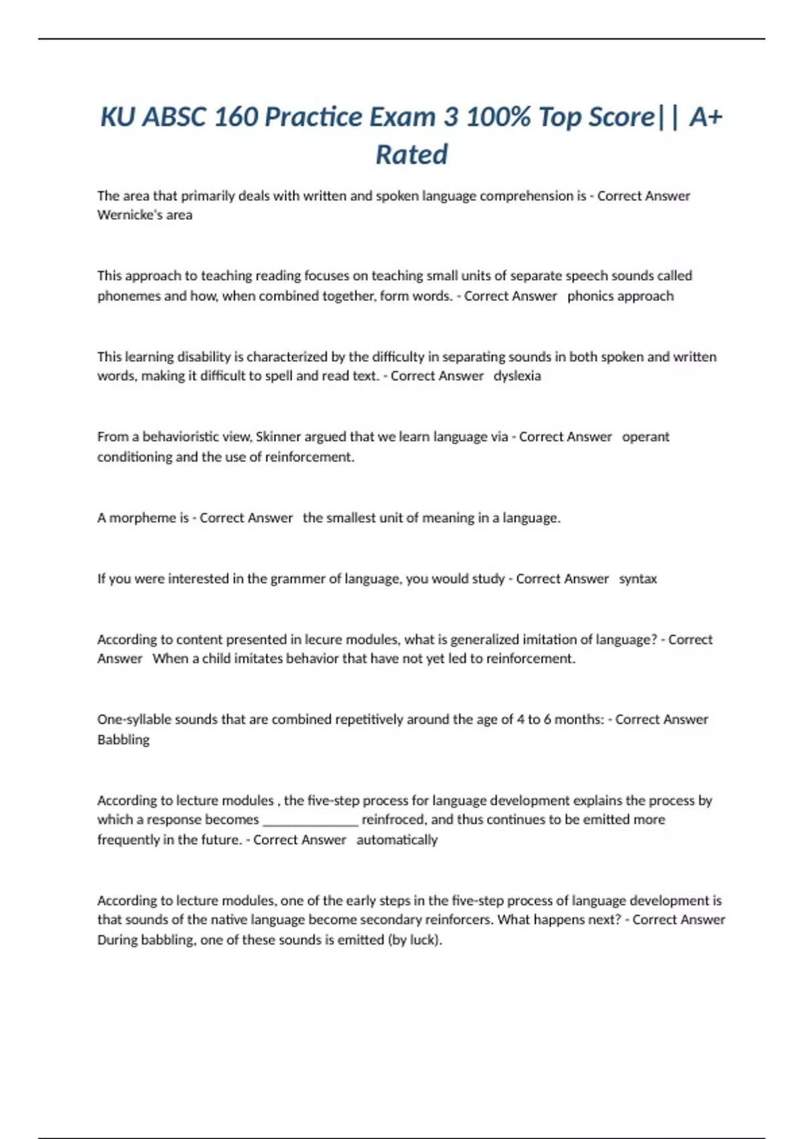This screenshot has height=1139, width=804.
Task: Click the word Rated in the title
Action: coord(411,155)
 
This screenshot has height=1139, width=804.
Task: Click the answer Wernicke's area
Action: coord(145,215)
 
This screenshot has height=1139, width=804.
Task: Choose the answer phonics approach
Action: coord(620,296)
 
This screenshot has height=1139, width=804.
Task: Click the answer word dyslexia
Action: coord(517,376)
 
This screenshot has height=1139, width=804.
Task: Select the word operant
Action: coord(646,437)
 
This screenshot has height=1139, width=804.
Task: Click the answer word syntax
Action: coord(638,579)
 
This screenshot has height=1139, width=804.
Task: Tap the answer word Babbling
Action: coord(123,740)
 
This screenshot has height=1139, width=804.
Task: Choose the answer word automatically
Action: coord(397,840)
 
